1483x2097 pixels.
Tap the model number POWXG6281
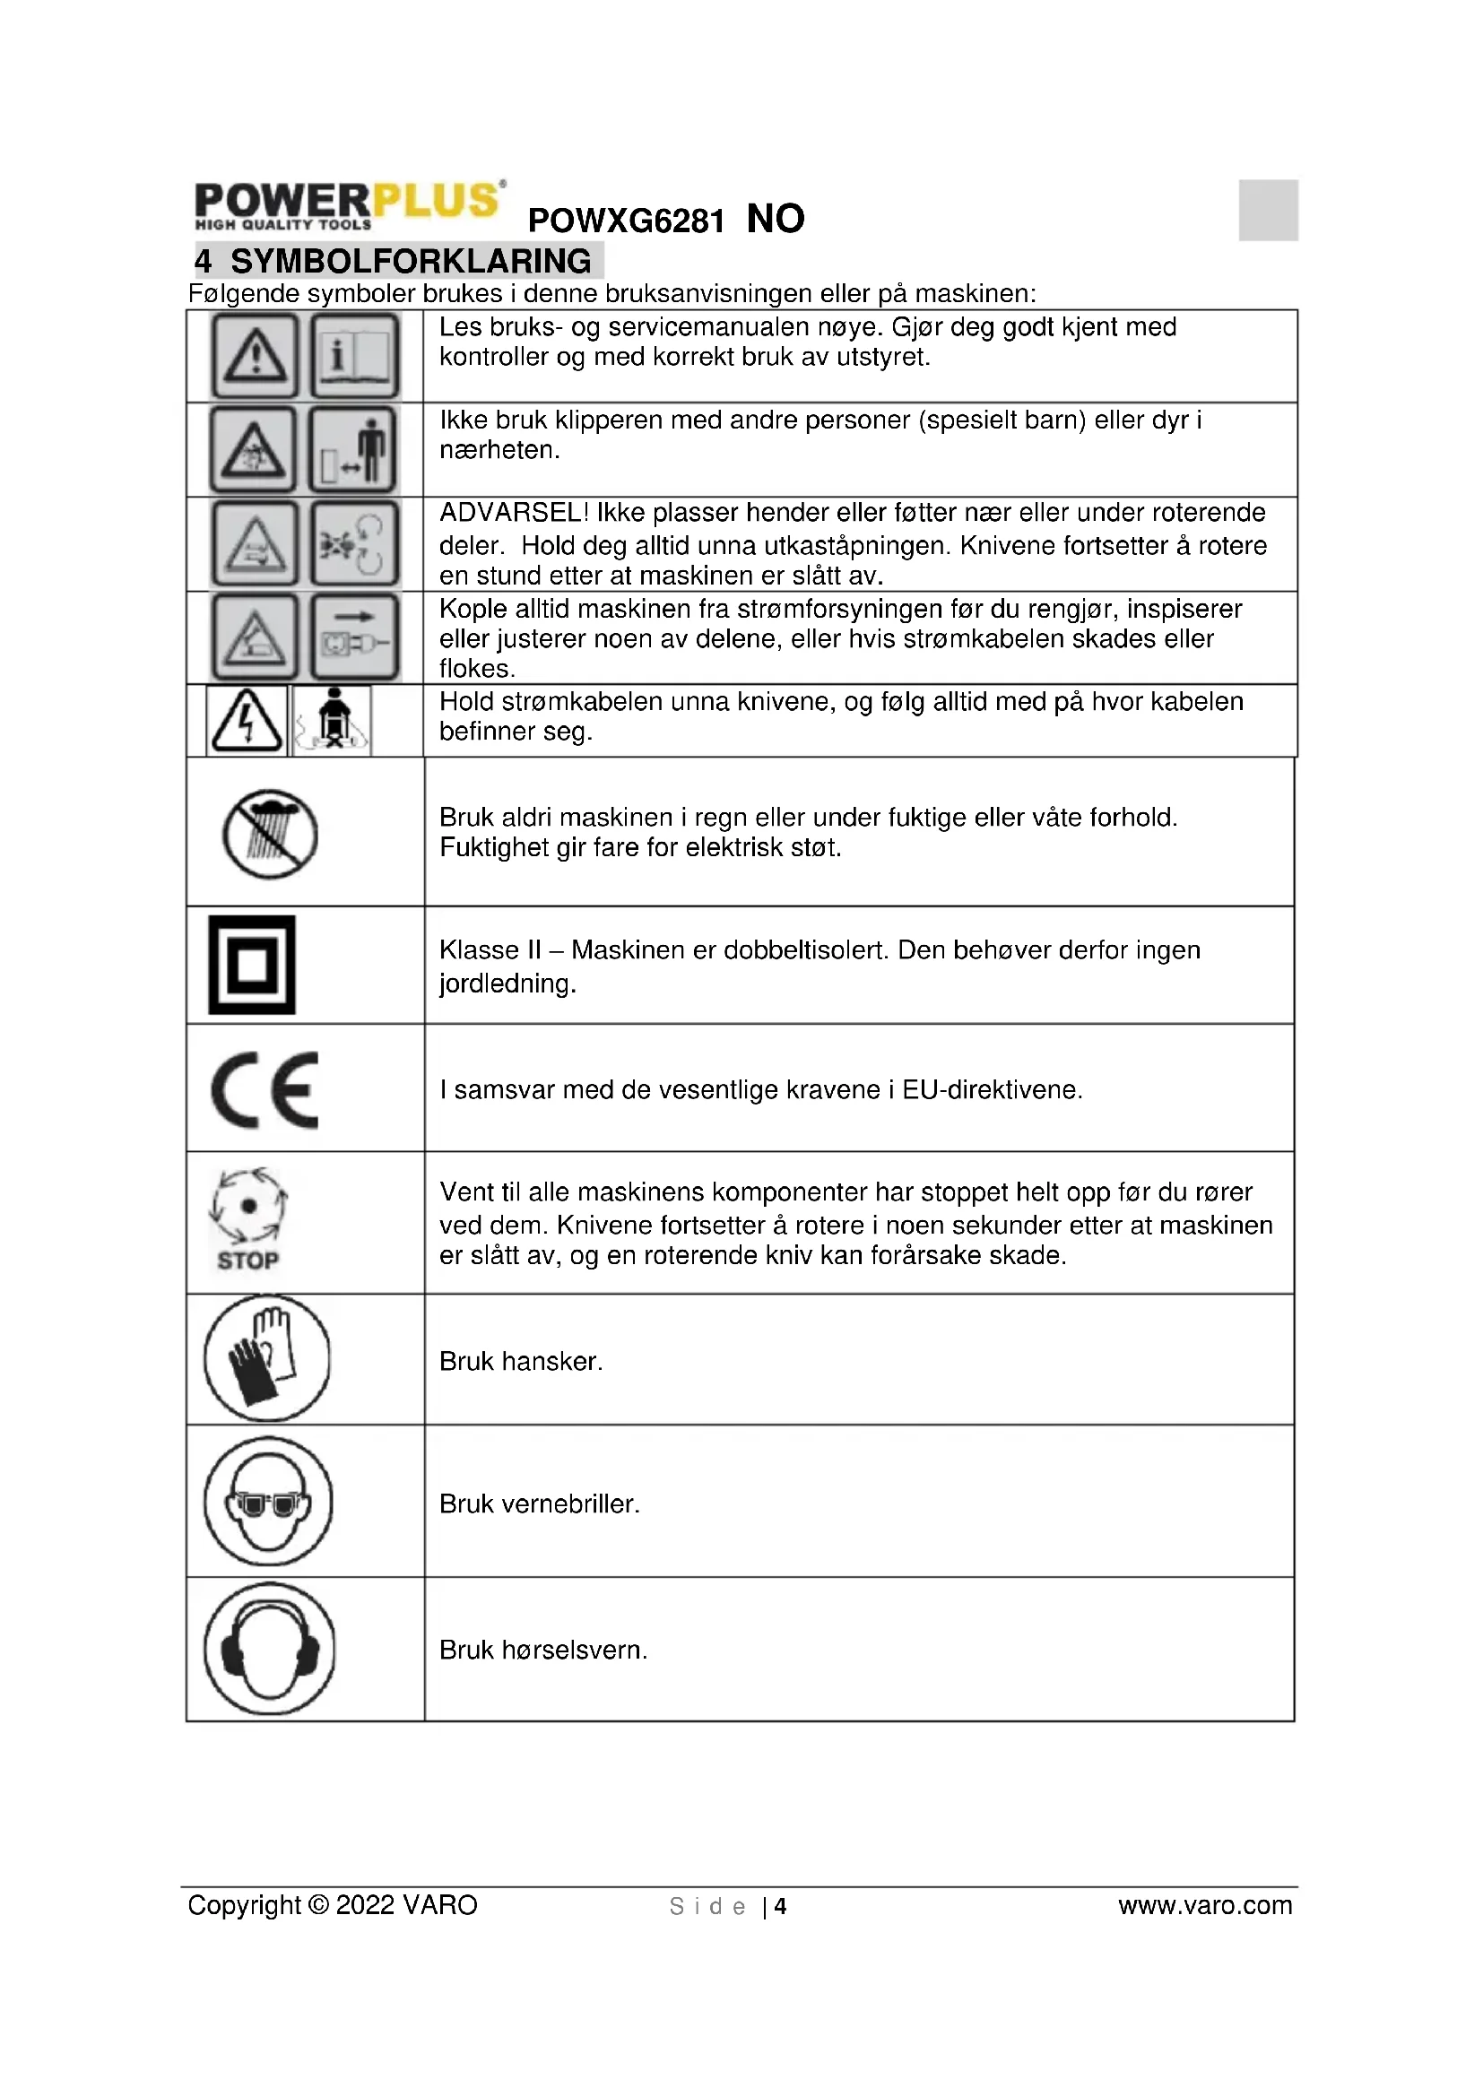pyautogui.click(x=626, y=221)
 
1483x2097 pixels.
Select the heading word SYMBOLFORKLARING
pyautogui.click(x=410, y=261)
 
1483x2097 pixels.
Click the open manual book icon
pyautogui.click(x=355, y=355)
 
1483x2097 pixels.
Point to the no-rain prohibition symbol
pyautogui.click(x=270, y=834)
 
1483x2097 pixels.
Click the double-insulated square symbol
pyautogui.click(x=252, y=965)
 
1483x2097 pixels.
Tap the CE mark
pyautogui.click(x=265, y=1089)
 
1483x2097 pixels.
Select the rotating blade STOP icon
pyautogui.click(x=247, y=1219)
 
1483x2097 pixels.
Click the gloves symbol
pyautogui.click(x=266, y=1358)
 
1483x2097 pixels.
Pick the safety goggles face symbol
pyautogui.click(x=268, y=1502)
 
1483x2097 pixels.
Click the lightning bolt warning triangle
pyautogui.click(x=247, y=721)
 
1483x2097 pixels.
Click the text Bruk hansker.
pyautogui.click(x=521, y=1362)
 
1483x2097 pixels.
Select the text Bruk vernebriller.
pyautogui.click(x=539, y=1504)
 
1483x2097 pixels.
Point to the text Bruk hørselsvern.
pyautogui.click(x=542, y=1651)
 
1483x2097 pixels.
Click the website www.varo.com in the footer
pyautogui.click(x=1204, y=1906)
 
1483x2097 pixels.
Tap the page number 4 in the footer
pyautogui.click(x=781, y=1907)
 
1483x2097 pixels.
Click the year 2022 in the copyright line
pyautogui.click(x=365, y=1906)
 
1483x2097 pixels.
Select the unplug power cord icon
pyautogui.click(x=355, y=637)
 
